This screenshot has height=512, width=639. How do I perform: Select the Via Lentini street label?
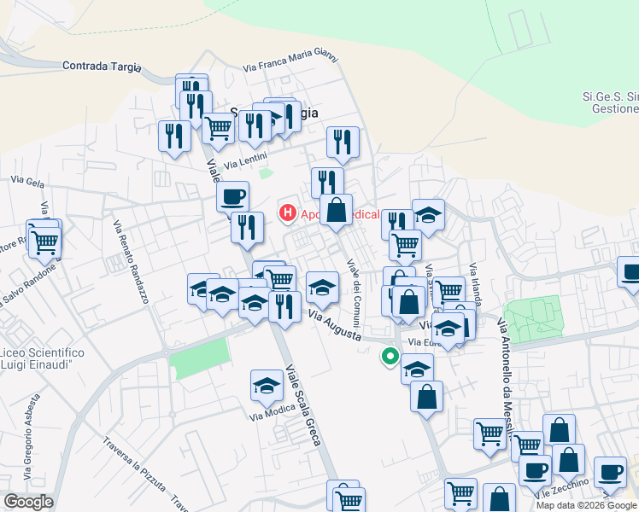point(246,160)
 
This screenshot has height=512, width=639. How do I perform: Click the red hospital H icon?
point(288,212)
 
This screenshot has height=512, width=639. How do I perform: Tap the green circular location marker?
point(390,358)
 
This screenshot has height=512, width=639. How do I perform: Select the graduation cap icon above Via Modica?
point(267,387)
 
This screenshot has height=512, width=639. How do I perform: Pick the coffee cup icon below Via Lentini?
point(232,198)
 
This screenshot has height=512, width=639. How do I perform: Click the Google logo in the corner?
point(27,502)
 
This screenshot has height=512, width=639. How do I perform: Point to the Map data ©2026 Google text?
point(587,505)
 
